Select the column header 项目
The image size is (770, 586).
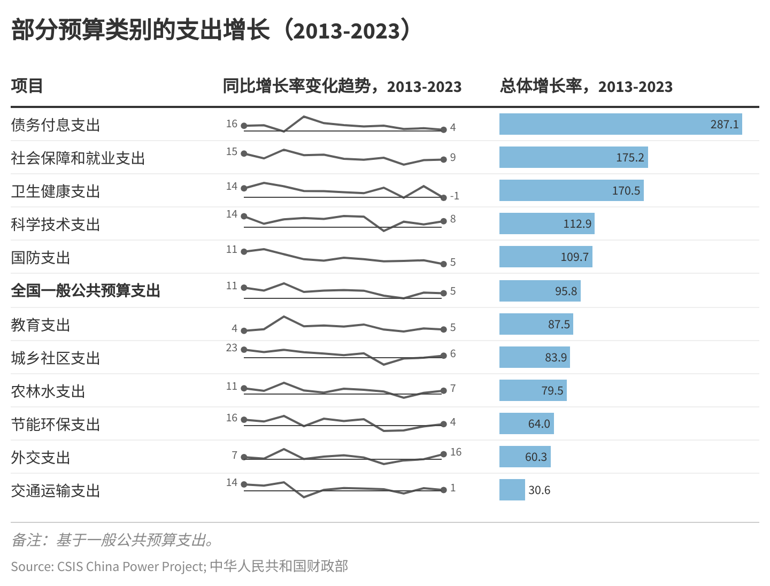(27, 86)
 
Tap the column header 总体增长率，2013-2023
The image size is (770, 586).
(586, 86)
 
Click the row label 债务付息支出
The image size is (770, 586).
(56, 125)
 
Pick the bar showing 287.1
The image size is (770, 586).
(620, 124)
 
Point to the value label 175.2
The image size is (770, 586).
(630, 158)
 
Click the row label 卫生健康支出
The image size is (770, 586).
(56, 191)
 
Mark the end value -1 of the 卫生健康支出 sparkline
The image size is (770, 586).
(455, 196)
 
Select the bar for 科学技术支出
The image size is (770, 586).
(546, 223)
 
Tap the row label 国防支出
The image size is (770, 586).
(41, 258)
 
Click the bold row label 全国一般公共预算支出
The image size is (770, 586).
(86, 291)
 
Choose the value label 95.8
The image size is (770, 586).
(566, 291)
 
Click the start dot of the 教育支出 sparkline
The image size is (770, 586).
(244, 331)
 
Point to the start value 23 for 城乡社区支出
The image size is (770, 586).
(231, 348)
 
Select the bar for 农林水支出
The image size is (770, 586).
(533, 390)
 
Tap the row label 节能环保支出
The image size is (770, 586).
(56, 425)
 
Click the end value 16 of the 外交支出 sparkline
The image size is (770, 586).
(456, 452)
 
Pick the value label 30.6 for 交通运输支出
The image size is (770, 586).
(539, 490)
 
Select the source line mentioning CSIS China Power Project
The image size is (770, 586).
(179, 566)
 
